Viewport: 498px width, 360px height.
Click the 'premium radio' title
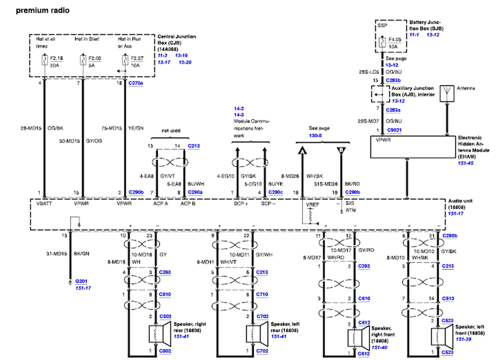[x=43, y=11]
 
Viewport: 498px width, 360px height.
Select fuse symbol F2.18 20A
[x=45, y=60]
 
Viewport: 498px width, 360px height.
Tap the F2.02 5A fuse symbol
[x=83, y=60]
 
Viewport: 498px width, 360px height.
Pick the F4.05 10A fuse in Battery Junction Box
[x=383, y=42]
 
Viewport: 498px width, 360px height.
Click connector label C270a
[x=135, y=83]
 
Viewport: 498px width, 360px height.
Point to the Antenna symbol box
[x=447, y=93]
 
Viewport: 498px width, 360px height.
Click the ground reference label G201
[x=81, y=281]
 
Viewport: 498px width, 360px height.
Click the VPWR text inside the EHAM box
[x=383, y=140]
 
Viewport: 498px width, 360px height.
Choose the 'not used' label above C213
[x=171, y=131]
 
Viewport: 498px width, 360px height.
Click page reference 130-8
[x=315, y=135]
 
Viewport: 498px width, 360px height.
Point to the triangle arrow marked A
[x=302, y=151]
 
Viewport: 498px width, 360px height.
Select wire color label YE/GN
[x=136, y=128]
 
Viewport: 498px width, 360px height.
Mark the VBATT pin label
[x=44, y=203]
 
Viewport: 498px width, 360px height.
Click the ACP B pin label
[x=188, y=203]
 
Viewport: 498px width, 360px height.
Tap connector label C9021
[x=394, y=130]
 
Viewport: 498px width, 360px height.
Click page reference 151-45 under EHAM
[x=465, y=163]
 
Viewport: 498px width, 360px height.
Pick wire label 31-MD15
[x=57, y=254]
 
